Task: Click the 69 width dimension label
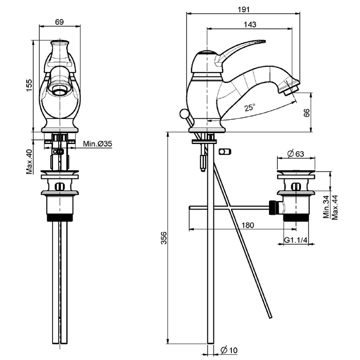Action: pos(59,22)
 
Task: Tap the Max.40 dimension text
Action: pos(29,161)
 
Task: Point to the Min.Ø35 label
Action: pos(97,145)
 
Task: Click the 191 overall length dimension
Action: pos(244,9)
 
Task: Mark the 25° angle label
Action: pos(250,107)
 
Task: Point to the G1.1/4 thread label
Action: pos(296,240)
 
